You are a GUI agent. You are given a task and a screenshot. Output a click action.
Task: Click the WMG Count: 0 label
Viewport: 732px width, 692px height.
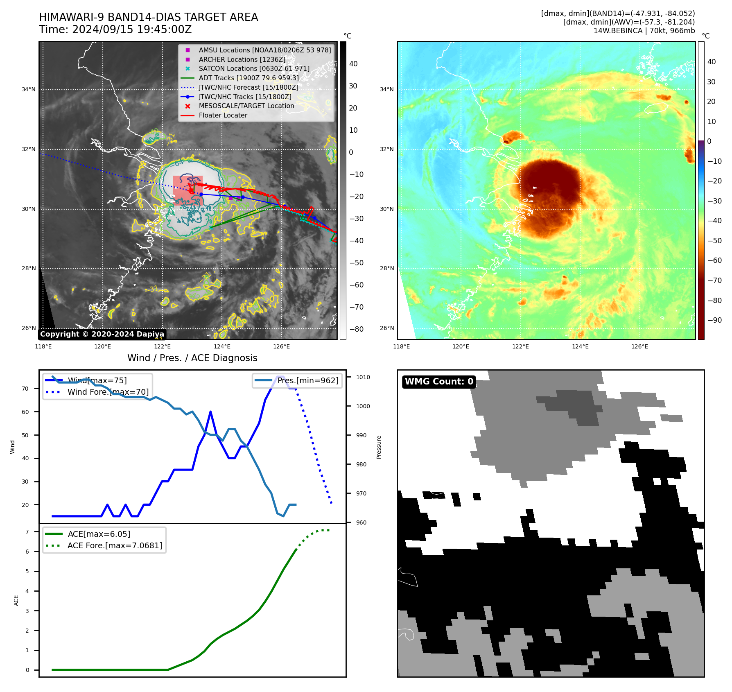point(438,382)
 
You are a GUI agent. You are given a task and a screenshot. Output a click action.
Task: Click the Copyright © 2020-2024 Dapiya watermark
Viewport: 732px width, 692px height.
point(102,334)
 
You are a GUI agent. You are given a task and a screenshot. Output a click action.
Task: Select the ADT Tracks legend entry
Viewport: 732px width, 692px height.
point(249,78)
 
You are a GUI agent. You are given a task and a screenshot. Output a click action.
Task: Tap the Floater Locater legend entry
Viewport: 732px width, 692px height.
point(223,115)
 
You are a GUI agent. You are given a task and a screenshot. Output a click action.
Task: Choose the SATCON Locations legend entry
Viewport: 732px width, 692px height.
point(254,69)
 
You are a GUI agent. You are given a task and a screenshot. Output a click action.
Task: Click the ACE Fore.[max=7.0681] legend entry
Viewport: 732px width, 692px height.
point(115,545)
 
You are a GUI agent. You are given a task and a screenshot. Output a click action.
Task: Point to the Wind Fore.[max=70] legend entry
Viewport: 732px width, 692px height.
point(108,392)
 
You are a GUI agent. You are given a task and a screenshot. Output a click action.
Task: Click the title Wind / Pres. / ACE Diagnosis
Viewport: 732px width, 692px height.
point(192,358)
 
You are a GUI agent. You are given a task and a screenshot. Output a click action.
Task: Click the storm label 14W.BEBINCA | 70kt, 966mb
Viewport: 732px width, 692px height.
point(644,31)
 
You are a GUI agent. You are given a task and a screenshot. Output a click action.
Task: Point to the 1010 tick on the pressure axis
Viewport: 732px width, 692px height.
point(363,377)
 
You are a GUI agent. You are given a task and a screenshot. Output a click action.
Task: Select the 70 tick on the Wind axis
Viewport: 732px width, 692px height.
point(25,389)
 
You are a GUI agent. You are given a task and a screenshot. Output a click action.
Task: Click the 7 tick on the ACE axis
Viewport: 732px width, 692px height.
point(27,532)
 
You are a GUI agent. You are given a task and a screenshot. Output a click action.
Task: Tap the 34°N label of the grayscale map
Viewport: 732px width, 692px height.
point(29,89)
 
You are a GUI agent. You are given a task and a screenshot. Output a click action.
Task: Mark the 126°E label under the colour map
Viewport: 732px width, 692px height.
point(639,346)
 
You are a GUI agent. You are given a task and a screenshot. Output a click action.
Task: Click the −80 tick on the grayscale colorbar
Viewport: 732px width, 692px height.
point(356,329)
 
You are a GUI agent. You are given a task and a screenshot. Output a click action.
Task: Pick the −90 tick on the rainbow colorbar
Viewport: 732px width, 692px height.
point(715,320)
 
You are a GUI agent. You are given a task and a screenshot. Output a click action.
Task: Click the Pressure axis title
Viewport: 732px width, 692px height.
point(379,447)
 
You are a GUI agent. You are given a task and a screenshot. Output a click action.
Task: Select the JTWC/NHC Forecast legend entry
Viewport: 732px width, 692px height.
point(248,87)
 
